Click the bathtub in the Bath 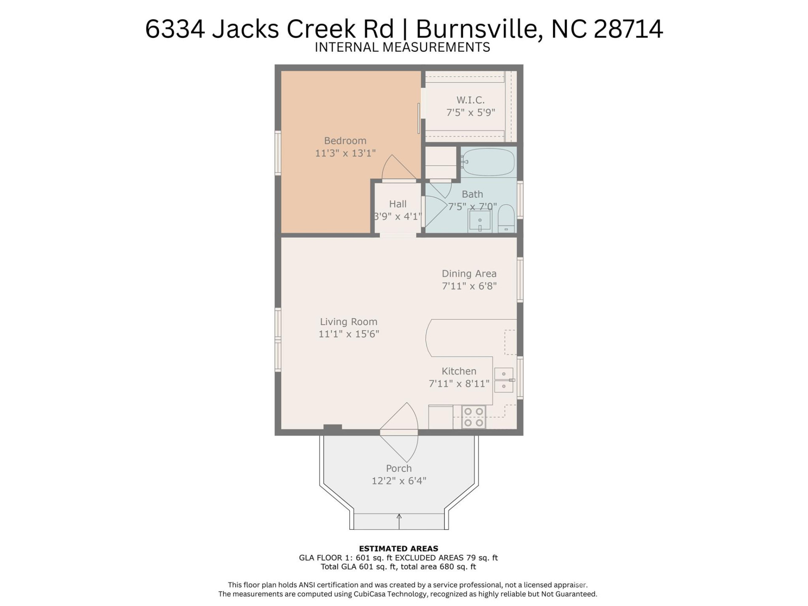click(x=488, y=162)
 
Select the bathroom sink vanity click(x=480, y=221)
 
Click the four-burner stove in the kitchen click(x=473, y=417)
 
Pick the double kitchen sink click(x=504, y=380)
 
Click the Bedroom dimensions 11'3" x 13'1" click(x=345, y=153)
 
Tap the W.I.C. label click(x=470, y=100)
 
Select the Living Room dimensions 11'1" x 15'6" click(x=348, y=334)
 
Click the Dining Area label click(x=469, y=274)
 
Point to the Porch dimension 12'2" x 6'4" click(x=399, y=481)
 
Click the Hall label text click(x=398, y=204)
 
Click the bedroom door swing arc click(x=398, y=167)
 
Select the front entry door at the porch click(x=399, y=432)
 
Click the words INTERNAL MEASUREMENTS click(x=402, y=47)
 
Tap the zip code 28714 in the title click(x=628, y=29)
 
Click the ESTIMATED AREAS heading click(x=398, y=548)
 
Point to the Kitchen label click(x=459, y=371)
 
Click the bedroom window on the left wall click(x=278, y=153)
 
